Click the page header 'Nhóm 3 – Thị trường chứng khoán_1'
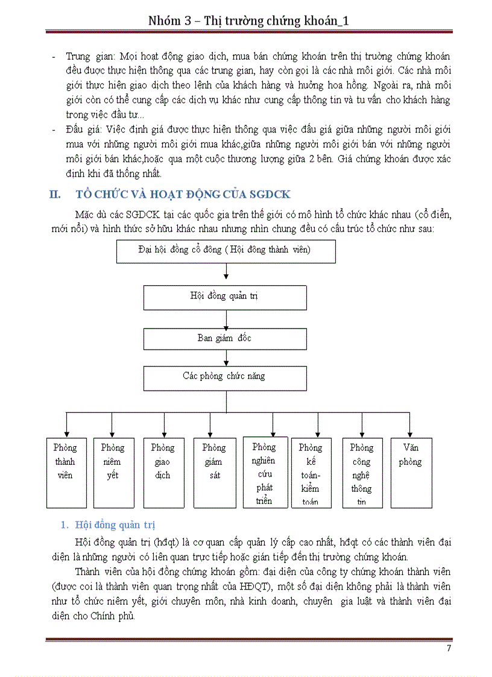pyautogui.click(x=249, y=21)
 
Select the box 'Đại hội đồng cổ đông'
pyautogui.click(x=225, y=251)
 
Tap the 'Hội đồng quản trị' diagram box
pyautogui.click(x=224, y=297)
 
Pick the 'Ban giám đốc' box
pyautogui.click(x=224, y=338)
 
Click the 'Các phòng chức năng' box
pyautogui.click(x=224, y=377)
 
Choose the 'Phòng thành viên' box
pyautogui.click(x=66, y=472)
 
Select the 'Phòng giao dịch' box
pyautogui.click(x=163, y=472)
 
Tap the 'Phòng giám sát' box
pyautogui.click(x=214, y=472)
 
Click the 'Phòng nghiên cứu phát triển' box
pyautogui.click(x=265, y=472)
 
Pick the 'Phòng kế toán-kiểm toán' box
pyautogui.click(x=311, y=473)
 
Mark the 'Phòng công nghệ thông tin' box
pyautogui.click(x=362, y=472)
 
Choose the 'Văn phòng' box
pyautogui.click(x=411, y=472)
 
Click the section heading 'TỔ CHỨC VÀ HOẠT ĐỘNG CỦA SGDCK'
pyautogui.click(x=183, y=194)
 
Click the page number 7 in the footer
pyautogui.click(x=449, y=648)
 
